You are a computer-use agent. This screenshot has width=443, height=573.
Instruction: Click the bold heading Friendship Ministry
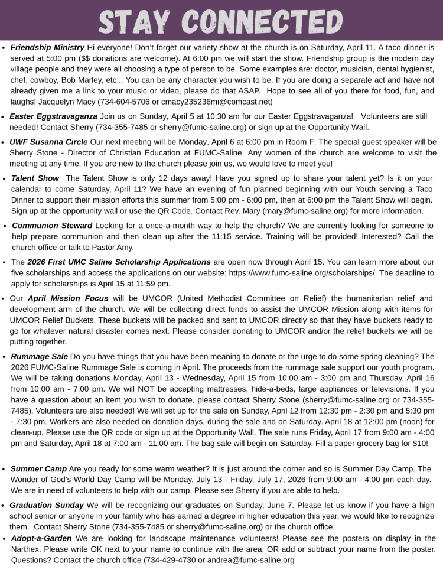pyautogui.click(x=47, y=47)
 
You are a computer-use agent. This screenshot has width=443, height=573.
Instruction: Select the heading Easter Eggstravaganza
pyautogui.click(x=53, y=116)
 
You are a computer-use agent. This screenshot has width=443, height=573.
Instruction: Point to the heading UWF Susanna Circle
pyautogui.click(x=48, y=142)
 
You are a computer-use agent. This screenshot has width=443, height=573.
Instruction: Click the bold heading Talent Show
pyautogui.click(x=35, y=178)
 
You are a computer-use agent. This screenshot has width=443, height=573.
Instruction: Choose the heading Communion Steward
pyautogui.click(x=52, y=226)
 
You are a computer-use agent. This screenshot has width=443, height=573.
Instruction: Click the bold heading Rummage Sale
pyautogui.click(x=39, y=356)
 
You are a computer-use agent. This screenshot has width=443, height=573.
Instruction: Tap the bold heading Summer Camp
pyautogui.click(x=38, y=468)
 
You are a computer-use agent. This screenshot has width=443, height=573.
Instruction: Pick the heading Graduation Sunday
pyautogui.click(x=47, y=505)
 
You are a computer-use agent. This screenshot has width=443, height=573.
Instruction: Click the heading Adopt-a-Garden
pyautogui.click(x=41, y=538)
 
